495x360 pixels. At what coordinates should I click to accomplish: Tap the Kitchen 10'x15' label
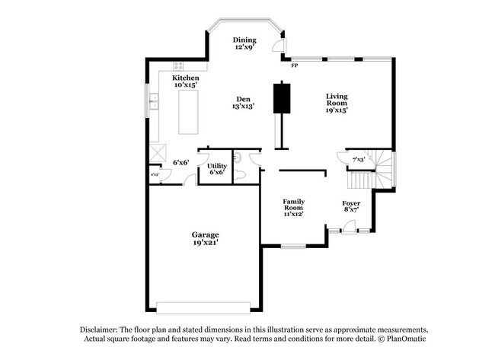186,81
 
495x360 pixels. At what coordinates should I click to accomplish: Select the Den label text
244,102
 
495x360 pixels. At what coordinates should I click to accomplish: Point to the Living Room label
337,102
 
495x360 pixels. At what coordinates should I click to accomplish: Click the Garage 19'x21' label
205,238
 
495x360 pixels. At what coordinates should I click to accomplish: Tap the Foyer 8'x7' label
350,206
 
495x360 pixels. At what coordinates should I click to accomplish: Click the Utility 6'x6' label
216,169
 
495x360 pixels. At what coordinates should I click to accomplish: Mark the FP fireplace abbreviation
295,66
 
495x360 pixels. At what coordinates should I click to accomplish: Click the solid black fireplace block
283,96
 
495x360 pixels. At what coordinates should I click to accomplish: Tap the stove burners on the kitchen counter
180,66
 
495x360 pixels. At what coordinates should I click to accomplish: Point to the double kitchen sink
154,100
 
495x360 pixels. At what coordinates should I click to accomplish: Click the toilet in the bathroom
240,174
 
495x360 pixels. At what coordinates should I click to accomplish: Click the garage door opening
203,307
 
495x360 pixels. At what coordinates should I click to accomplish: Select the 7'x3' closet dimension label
359,159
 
